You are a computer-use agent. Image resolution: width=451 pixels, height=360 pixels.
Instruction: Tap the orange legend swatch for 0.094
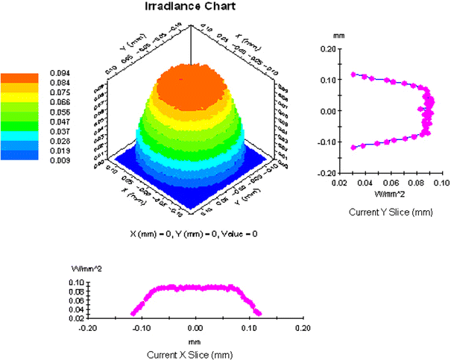click(19, 78)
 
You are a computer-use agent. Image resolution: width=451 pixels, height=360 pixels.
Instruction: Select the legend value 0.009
click(60, 160)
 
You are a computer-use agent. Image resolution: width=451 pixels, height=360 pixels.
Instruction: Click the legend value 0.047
click(60, 120)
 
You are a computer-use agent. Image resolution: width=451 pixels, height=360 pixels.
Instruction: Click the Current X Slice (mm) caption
click(195, 351)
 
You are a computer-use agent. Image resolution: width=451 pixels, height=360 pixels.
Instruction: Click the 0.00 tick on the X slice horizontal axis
click(195, 326)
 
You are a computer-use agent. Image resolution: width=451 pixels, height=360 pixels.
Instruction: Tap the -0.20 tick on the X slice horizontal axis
click(88, 326)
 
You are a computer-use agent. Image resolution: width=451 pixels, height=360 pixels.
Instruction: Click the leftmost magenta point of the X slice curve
click(133, 312)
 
